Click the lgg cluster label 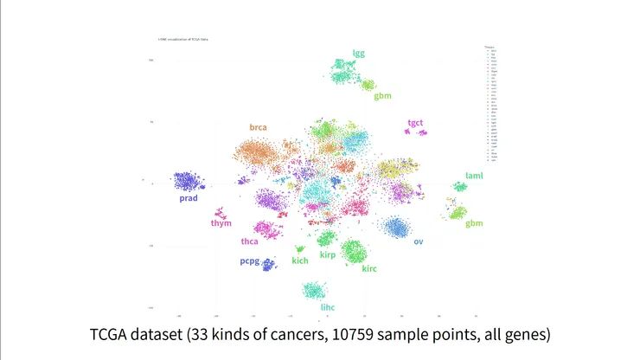click(x=359, y=53)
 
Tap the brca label click(x=258, y=127)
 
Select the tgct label click(x=416, y=123)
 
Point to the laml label click(x=474, y=176)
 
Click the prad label click(x=189, y=198)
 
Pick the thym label click(x=221, y=223)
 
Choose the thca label click(x=250, y=241)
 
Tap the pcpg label click(x=250, y=260)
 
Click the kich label click(x=300, y=260)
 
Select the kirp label click(x=327, y=255)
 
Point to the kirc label click(x=369, y=268)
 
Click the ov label click(x=419, y=241)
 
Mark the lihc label click(x=327, y=307)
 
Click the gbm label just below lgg click(x=382, y=95)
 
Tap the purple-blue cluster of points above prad click(x=189, y=181)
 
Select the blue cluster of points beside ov click(x=397, y=228)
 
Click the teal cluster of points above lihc click(x=313, y=290)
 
